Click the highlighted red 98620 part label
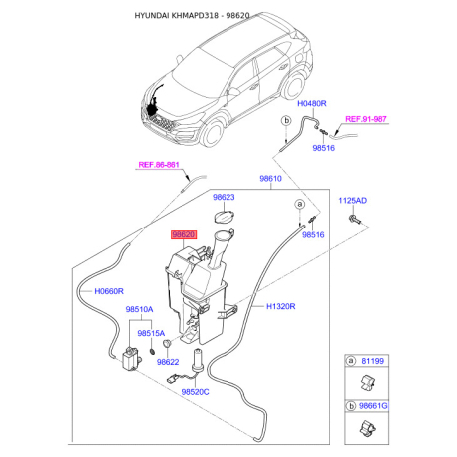(184, 235)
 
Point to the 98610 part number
(271, 178)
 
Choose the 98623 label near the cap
(226, 197)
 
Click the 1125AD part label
(353, 201)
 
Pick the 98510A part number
(140, 310)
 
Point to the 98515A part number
(152, 332)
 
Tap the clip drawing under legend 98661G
(366, 430)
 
